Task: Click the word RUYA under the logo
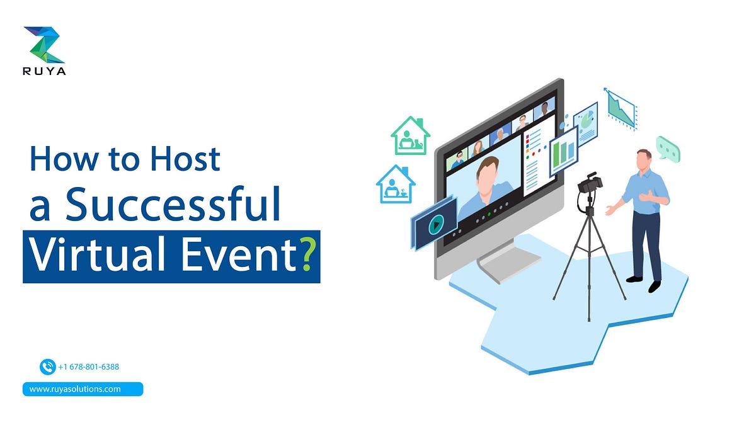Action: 44,71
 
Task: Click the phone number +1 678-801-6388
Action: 88,366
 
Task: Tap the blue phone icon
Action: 47,366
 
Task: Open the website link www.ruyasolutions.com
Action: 75,389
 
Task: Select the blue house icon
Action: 395,184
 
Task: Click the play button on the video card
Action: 433,224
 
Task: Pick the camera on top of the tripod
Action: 590,184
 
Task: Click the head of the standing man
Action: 643,159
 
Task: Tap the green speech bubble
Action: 668,148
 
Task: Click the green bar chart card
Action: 563,152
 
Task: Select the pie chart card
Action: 586,122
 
